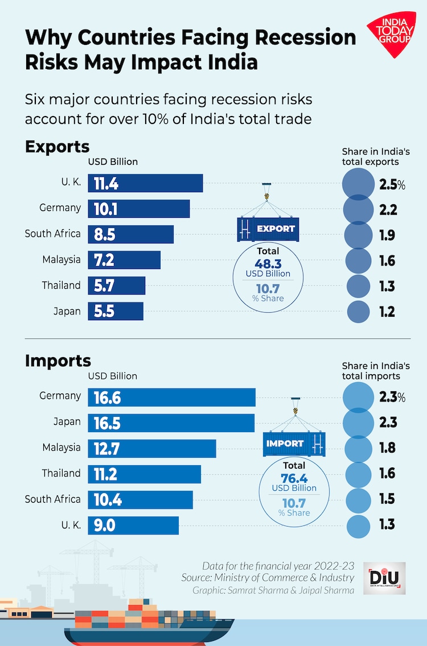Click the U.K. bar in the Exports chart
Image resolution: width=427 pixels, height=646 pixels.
click(145, 183)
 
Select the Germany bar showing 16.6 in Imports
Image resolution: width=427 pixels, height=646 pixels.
click(171, 397)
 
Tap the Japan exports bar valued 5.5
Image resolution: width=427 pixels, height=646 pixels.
click(116, 311)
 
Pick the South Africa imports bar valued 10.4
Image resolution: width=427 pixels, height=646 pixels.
click(140, 500)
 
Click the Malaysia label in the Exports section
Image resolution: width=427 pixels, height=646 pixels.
click(61, 260)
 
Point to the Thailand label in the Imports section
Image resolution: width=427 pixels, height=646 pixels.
click(61, 473)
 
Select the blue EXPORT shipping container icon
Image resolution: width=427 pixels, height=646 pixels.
click(268, 229)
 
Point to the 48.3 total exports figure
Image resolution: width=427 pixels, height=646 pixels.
click(268, 262)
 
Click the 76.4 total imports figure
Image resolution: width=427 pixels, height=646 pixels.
click(294, 477)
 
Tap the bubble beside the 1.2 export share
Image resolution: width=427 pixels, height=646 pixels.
click(359, 311)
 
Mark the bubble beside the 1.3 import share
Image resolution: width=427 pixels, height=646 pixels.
click(359, 524)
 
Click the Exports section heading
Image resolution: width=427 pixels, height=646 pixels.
click(58, 147)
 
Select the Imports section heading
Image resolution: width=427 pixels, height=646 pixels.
click(58, 361)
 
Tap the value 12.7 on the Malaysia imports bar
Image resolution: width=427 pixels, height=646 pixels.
click(106, 449)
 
